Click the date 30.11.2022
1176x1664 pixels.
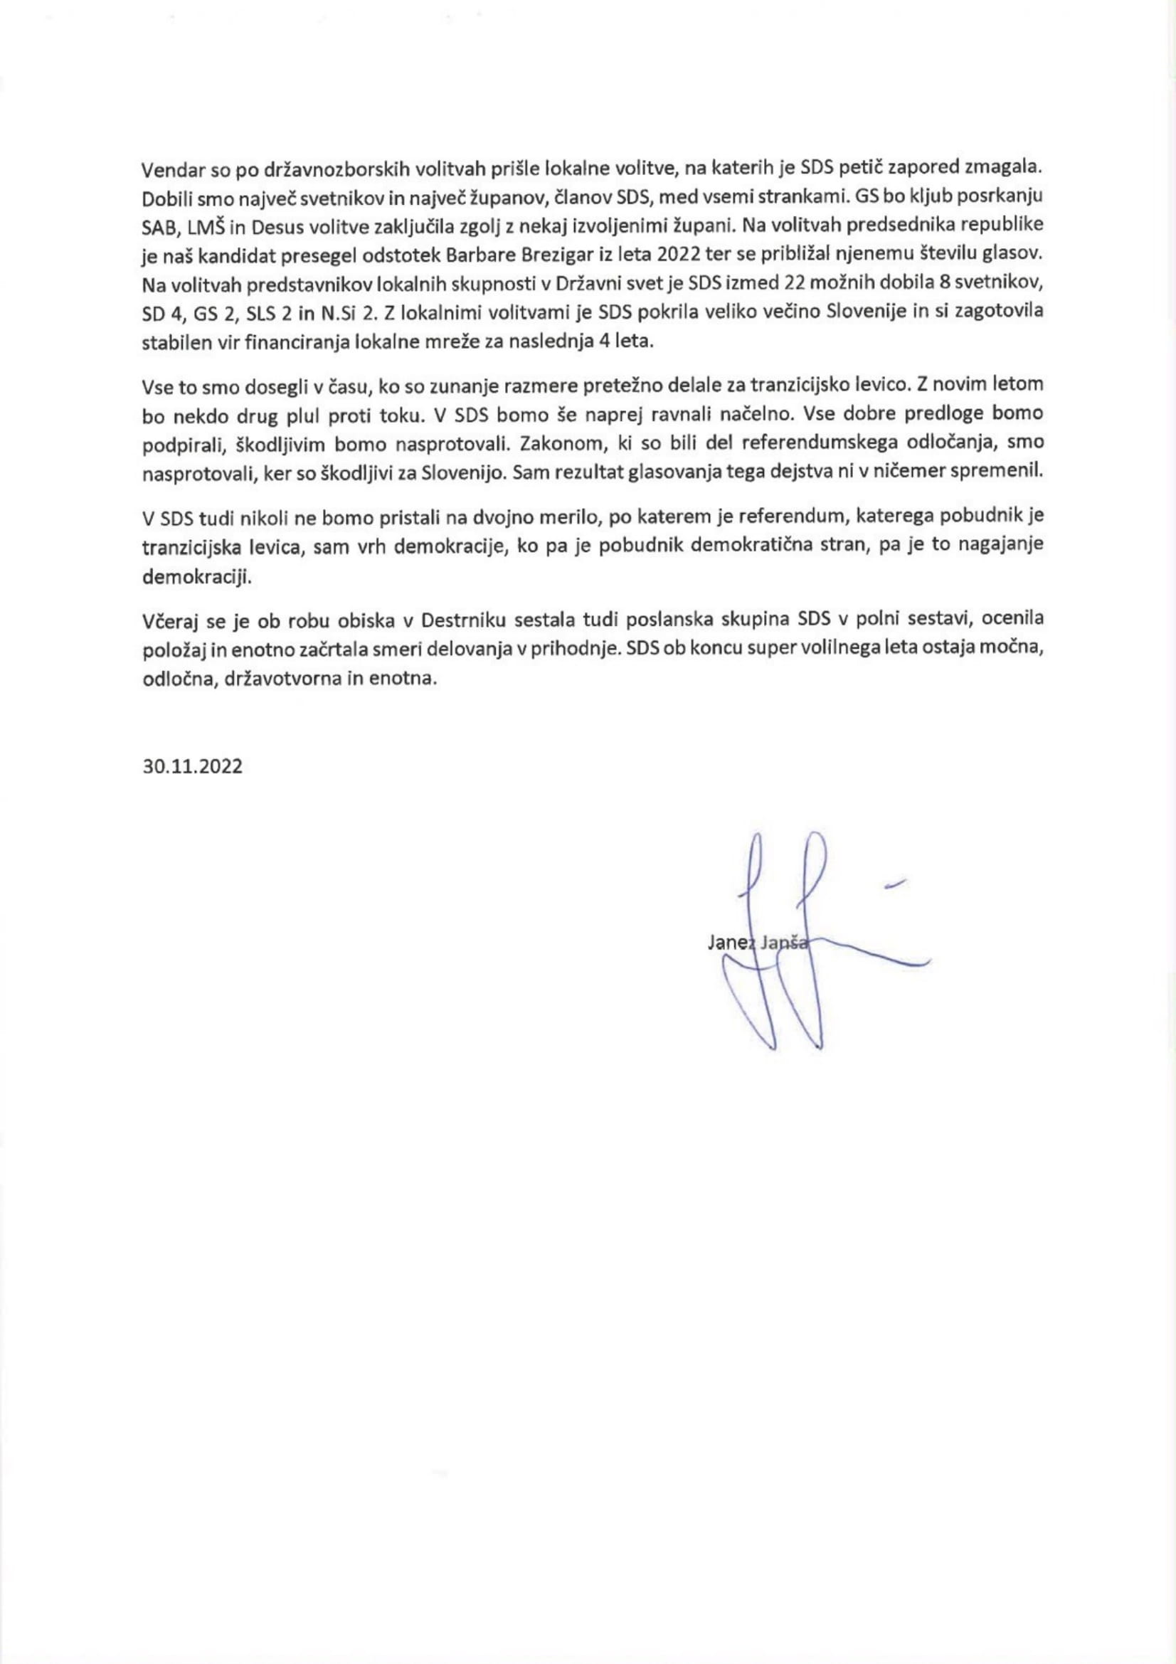(x=192, y=767)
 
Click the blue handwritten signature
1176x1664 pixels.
(x=790, y=957)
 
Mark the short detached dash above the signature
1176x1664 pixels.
(x=896, y=883)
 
